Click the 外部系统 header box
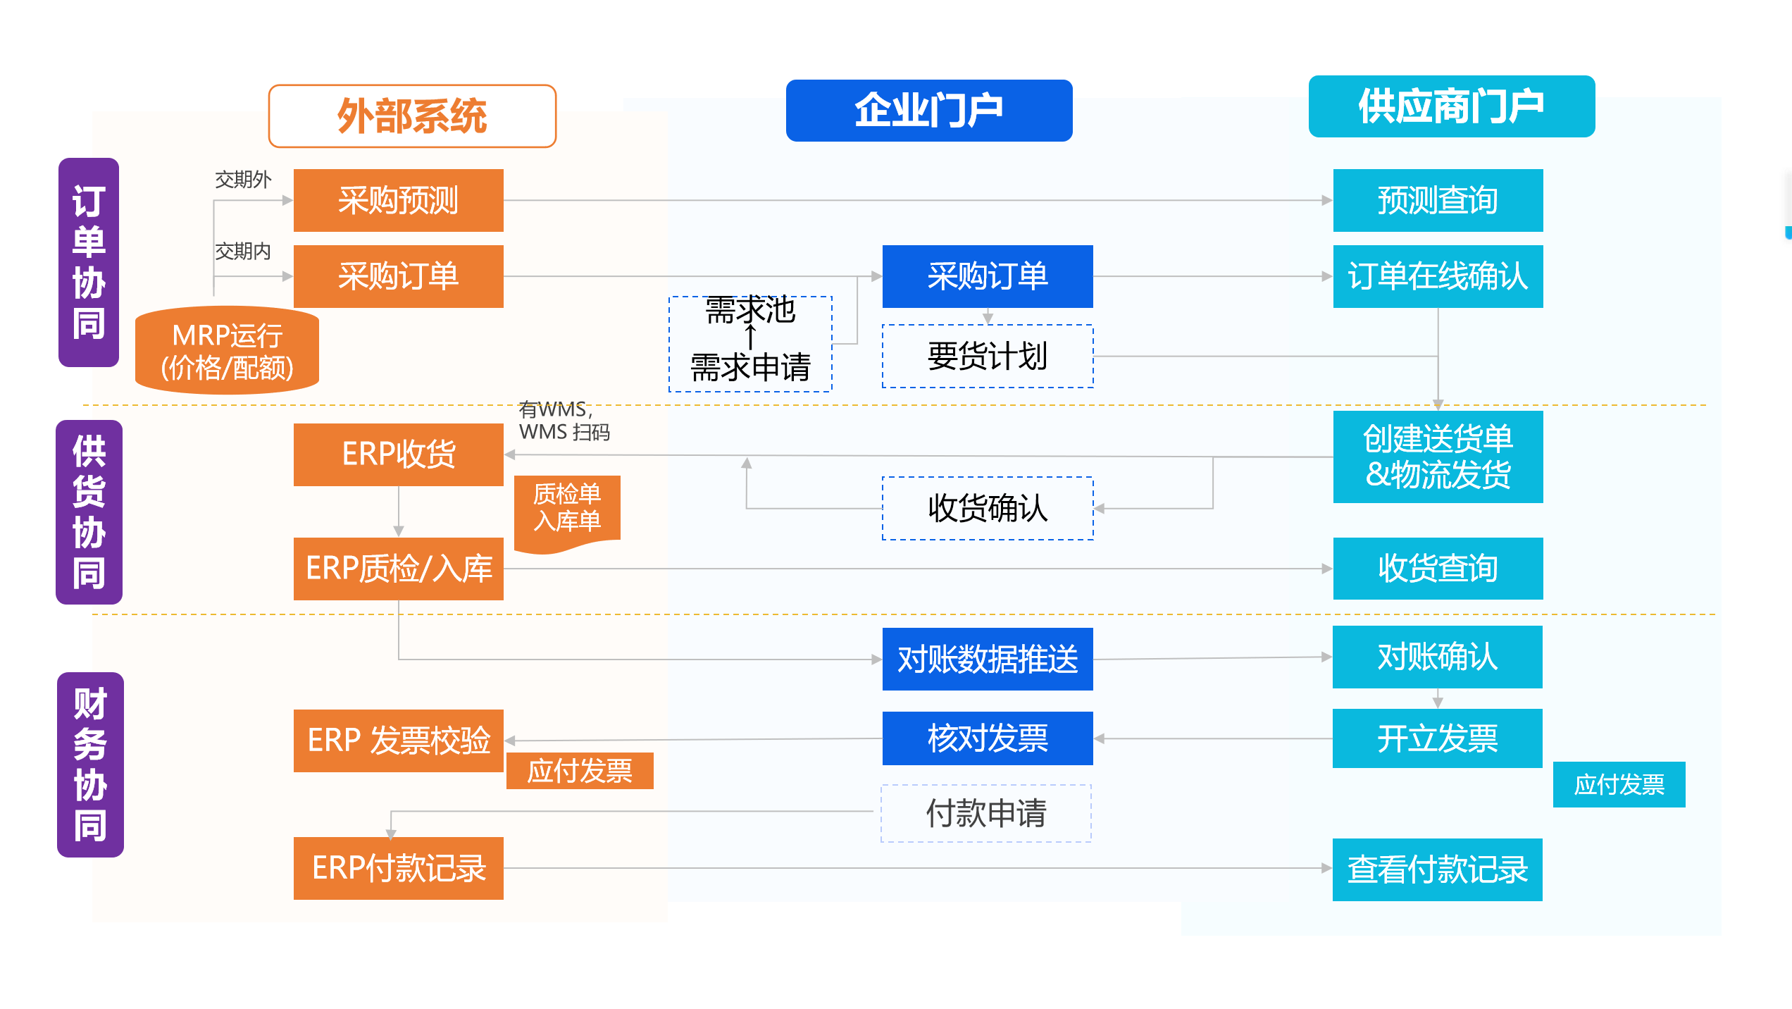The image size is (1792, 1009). pyautogui.click(x=412, y=116)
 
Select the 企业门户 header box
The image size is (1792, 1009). pyautogui.click(x=928, y=111)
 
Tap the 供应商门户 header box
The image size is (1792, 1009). pyautogui.click(x=1451, y=106)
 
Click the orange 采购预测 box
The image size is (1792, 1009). pyautogui.click(x=398, y=200)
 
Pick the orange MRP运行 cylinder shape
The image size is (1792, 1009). pyautogui.click(x=227, y=350)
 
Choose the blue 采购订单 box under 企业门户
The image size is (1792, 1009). pyautogui.click(x=987, y=276)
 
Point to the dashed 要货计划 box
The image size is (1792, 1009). pyautogui.click(x=987, y=356)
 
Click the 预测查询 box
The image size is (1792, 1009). pyautogui.click(x=1438, y=200)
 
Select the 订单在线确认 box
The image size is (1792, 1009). pyautogui.click(x=1438, y=276)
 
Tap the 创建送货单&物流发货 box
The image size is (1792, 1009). pyautogui.click(x=1438, y=457)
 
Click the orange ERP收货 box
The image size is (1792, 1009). pyautogui.click(x=398, y=454)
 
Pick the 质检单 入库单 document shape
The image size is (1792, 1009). pyautogui.click(x=567, y=509)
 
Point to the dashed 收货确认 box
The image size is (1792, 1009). pyautogui.click(x=987, y=508)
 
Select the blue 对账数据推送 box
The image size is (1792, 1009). pyautogui.click(x=987, y=659)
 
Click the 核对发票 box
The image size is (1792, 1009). pyautogui.click(x=987, y=738)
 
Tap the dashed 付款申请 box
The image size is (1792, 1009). pyautogui.click(x=985, y=813)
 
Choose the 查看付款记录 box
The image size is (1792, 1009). pyautogui.click(x=1437, y=869)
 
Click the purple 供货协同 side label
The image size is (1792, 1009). pyautogui.click(x=89, y=512)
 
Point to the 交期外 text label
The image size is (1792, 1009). pyautogui.click(x=243, y=180)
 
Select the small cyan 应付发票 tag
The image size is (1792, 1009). pyautogui.click(x=1619, y=784)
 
